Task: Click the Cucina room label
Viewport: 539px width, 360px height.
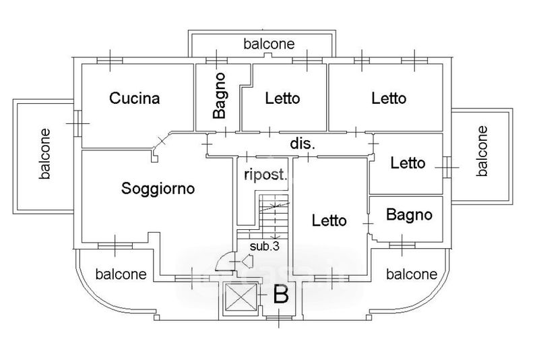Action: click(x=135, y=98)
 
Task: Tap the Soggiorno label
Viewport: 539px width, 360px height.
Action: click(x=158, y=189)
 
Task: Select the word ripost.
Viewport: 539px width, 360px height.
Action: click(x=265, y=175)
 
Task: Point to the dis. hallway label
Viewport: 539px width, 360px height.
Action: click(x=303, y=144)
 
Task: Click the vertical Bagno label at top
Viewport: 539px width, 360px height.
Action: click(x=218, y=96)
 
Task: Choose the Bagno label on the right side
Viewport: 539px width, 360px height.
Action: click(x=409, y=216)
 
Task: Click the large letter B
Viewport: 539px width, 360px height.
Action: click(x=280, y=295)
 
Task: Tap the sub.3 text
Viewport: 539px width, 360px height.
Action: click(x=265, y=246)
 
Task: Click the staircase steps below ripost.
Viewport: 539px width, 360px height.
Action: click(x=274, y=216)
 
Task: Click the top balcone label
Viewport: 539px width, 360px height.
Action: click(x=269, y=44)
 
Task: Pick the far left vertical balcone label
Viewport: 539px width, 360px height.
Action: click(x=45, y=154)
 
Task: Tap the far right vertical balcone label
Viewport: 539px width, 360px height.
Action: click(x=482, y=150)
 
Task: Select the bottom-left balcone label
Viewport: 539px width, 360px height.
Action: click(x=121, y=274)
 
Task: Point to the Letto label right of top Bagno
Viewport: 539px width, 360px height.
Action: click(x=283, y=98)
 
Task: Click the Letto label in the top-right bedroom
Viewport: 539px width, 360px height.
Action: click(x=389, y=98)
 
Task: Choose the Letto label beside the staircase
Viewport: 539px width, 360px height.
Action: click(x=329, y=220)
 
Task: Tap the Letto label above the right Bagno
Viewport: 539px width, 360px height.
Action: click(x=408, y=163)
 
